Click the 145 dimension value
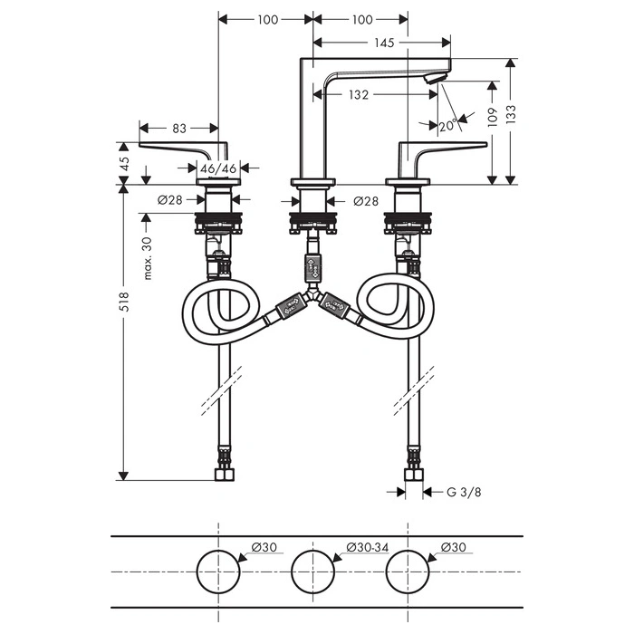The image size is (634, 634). point(384,43)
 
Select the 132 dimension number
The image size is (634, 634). point(359,95)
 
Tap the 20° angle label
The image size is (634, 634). point(448,126)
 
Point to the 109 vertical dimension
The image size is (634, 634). point(492,117)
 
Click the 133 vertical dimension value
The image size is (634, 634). point(511,114)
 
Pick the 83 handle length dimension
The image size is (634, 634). point(179,129)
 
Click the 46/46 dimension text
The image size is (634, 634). point(218,168)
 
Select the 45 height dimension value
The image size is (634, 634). point(125,163)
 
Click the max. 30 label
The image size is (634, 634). point(148,258)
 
